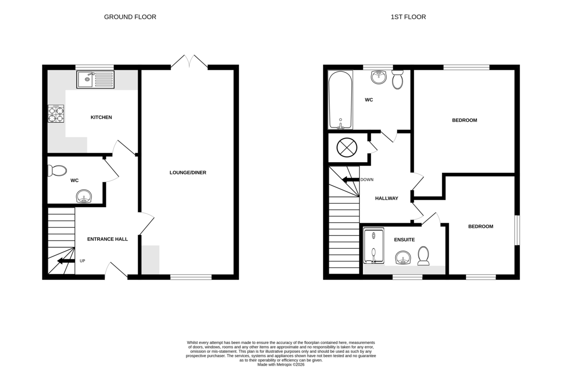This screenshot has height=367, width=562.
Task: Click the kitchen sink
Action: pyautogui.click(x=96, y=80)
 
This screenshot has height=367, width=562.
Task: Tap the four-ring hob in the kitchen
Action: pyautogui.click(x=56, y=114)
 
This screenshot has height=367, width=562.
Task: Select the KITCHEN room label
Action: pyautogui.click(x=101, y=117)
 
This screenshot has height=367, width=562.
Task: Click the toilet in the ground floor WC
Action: pyautogui.click(x=57, y=171)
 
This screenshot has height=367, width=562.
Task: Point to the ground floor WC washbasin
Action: pyautogui.click(x=84, y=196)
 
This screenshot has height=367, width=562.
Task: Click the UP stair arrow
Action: pyautogui.click(x=66, y=261)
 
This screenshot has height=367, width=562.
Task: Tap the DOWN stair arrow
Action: pyautogui.click(x=351, y=180)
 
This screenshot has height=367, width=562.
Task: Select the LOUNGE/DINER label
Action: pyautogui.click(x=188, y=172)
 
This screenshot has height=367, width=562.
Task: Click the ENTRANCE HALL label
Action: pyautogui.click(x=107, y=239)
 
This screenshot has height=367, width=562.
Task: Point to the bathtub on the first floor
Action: pyautogui.click(x=340, y=100)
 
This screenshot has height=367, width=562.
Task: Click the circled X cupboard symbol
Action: pyautogui.click(x=347, y=148)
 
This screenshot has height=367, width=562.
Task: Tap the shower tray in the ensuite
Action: pyautogui.click(x=374, y=246)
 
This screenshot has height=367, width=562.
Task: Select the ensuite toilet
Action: pyautogui.click(x=423, y=256)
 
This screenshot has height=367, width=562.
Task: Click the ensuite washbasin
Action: pyautogui.click(x=403, y=257)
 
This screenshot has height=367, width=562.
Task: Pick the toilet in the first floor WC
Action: pyautogui.click(x=398, y=80)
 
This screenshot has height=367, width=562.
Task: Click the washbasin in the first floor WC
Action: pyautogui.click(x=379, y=77)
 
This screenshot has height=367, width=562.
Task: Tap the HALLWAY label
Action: pyautogui.click(x=387, y=198)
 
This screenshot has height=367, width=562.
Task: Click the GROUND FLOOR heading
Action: pyautogui.click(x=130, y=17)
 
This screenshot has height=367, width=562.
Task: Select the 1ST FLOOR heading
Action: pyautogui.click(x=408, y=17)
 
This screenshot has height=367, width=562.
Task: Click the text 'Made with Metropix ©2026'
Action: pyautogui.click(x=281, y=365)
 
